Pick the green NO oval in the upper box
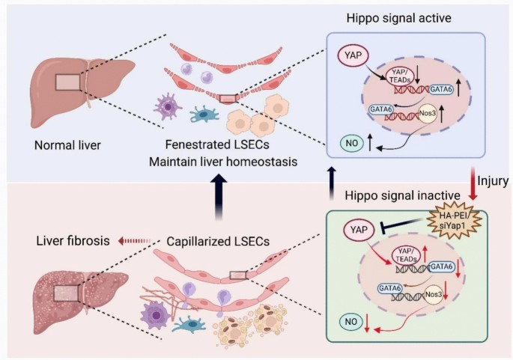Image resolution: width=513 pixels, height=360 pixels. tap(351, 141)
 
